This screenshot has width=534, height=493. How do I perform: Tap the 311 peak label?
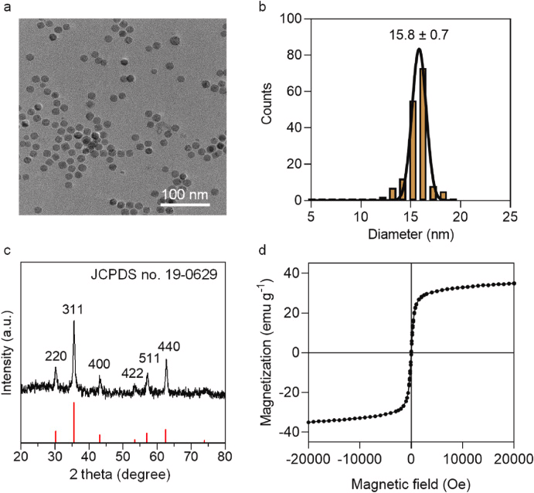point(74,309)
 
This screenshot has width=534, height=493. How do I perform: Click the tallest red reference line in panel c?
point(74,422)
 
